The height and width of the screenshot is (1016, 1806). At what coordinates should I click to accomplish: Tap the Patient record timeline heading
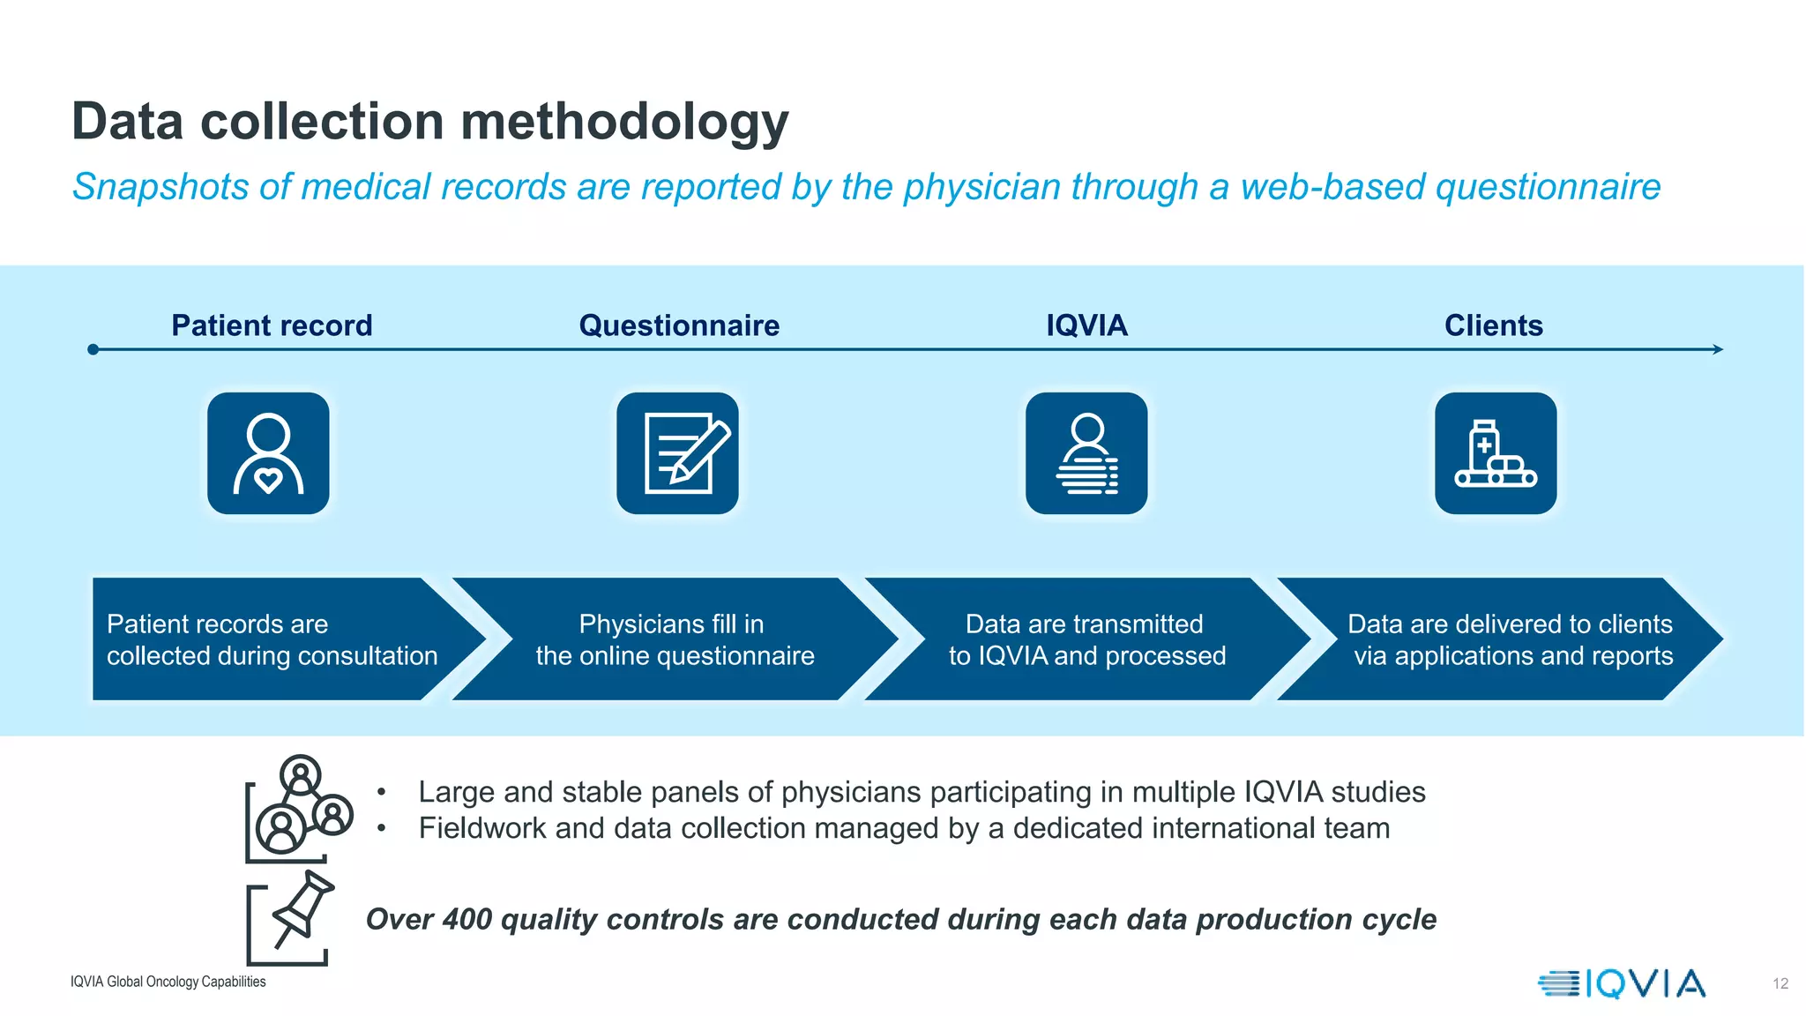point(272,325)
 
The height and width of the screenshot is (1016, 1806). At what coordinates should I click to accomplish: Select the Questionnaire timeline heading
point(679,325)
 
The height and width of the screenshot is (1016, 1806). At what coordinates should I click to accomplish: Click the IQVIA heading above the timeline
point(1086,325)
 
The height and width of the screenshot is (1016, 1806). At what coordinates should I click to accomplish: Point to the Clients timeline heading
point(1493,325)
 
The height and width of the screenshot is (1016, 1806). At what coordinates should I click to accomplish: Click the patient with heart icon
point(268,453)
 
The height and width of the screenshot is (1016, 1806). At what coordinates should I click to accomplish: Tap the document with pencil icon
point(677,453)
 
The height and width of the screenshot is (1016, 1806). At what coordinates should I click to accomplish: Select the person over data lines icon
point(1086,453)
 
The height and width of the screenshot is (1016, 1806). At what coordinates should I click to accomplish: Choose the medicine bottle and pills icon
point(1496,453)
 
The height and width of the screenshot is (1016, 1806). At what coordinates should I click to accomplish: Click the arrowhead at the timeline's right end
point(1718,349)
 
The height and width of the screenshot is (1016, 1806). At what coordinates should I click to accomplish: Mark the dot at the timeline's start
point(93,349)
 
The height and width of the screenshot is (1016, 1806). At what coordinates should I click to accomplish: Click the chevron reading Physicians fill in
point(675,639)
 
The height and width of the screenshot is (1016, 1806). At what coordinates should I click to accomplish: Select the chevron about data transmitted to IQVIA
point(1086,639)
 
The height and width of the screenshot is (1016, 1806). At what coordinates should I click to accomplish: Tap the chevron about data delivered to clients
point(1510,639)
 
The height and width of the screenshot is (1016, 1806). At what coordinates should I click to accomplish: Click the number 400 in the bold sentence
point(466,919)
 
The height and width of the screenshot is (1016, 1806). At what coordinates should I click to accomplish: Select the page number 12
point(1780,983)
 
